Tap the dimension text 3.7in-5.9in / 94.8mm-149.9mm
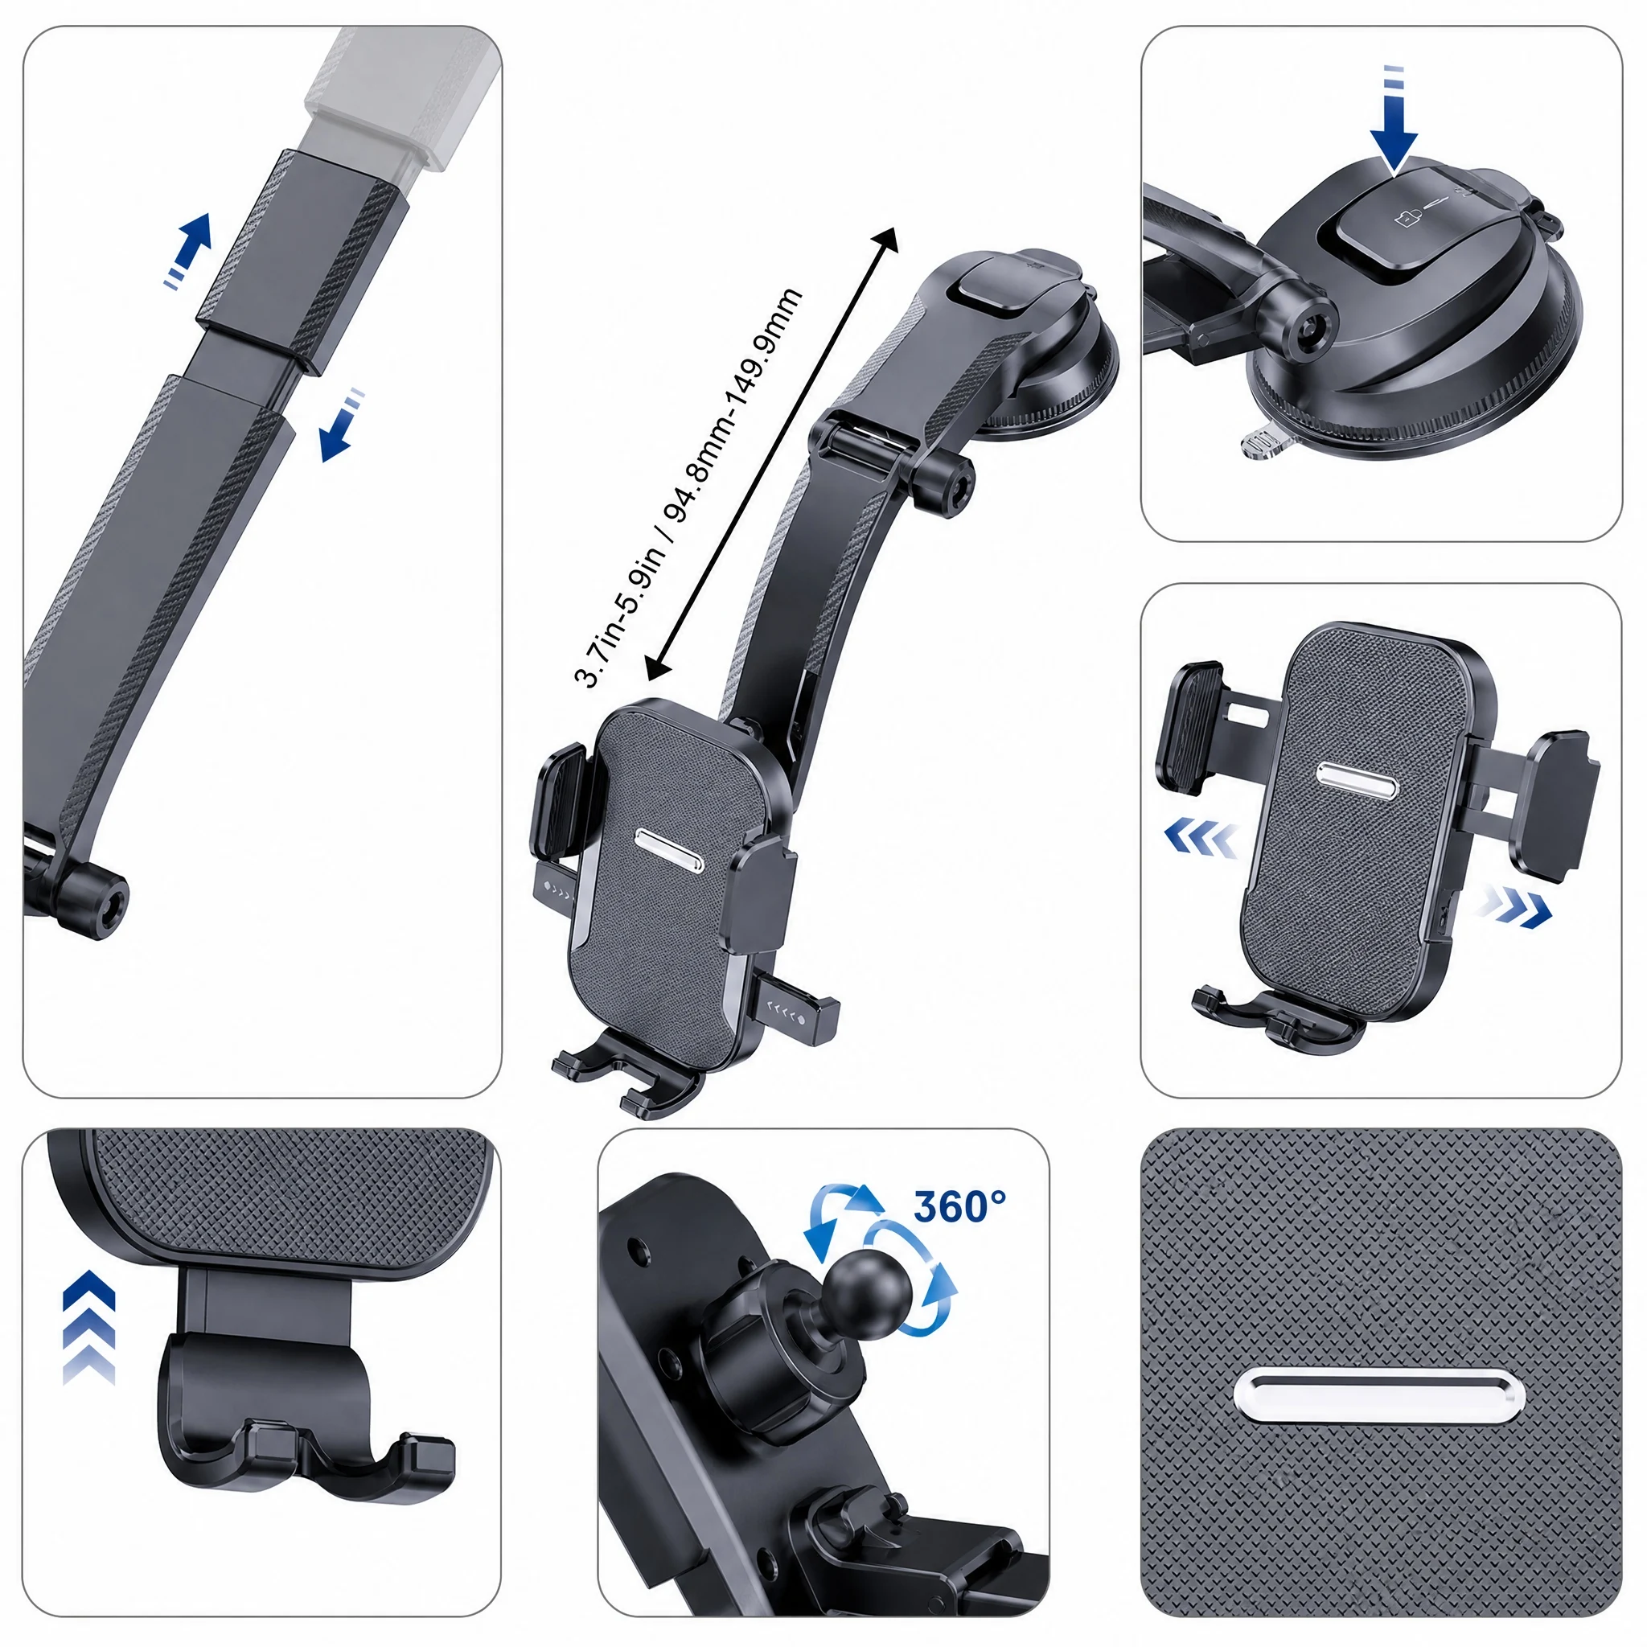688,487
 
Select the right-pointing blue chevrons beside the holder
1518,907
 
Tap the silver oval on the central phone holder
670,849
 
